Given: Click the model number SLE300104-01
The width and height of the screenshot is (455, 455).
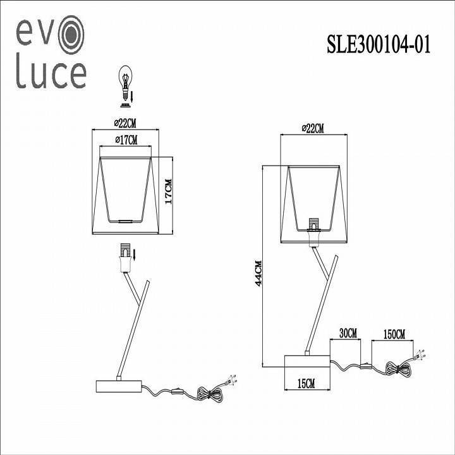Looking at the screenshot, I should point(378,45).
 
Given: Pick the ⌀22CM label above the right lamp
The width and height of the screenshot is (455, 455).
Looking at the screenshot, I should point(313,128).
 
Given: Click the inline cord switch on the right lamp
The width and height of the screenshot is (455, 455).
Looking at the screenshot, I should point(365,365).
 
